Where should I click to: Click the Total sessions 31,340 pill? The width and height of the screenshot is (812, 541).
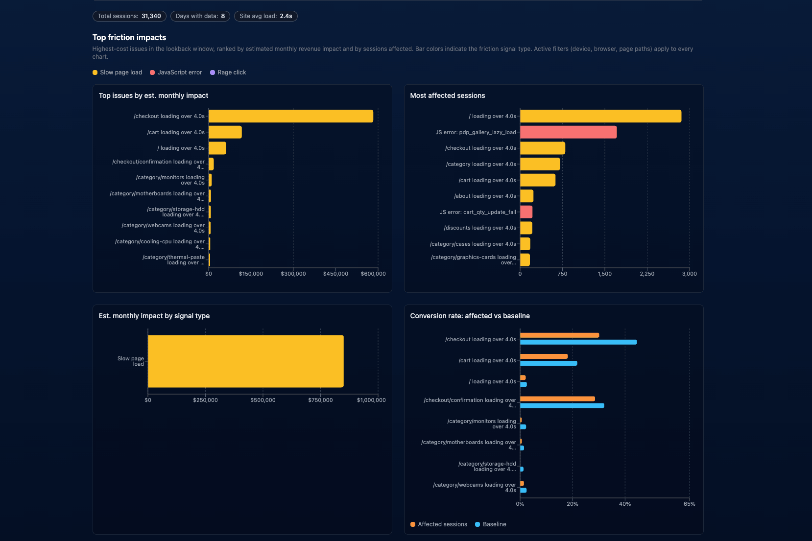click(129, 16)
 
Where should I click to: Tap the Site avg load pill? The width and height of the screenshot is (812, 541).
click(266, 16)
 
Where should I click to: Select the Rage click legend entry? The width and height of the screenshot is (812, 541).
click(228, 72)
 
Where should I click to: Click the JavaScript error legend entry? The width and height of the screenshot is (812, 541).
click(176, 72)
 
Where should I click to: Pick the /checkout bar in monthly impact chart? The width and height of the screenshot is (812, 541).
click(291, 117)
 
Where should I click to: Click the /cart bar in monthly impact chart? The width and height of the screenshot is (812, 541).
click(225, 132)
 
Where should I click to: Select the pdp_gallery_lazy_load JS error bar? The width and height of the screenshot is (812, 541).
click(569, 132)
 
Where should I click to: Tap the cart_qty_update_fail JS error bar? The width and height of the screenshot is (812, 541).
click(526, 212)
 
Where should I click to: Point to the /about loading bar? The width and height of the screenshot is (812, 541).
click(526, 196)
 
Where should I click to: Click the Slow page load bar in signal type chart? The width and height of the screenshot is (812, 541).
click(246, 361)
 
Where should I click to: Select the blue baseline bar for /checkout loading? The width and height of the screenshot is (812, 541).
click(578, 342)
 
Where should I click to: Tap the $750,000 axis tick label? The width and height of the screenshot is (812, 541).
click(320, 400)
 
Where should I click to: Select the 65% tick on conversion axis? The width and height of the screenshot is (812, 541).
click(690, 504)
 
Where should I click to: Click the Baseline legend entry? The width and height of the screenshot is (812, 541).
click(491, 524)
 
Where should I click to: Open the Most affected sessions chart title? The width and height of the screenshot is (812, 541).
click(447, 95)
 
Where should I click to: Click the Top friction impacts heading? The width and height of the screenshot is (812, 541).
click(129, 37)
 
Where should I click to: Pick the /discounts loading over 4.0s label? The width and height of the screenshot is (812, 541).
click(480, 228)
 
